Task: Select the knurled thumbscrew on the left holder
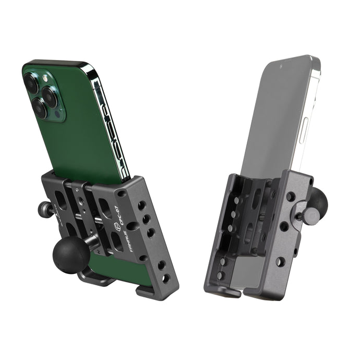pyautogui.click(x=42, y=210)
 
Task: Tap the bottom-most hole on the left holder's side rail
pyautogui.click(x=166, y=279)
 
